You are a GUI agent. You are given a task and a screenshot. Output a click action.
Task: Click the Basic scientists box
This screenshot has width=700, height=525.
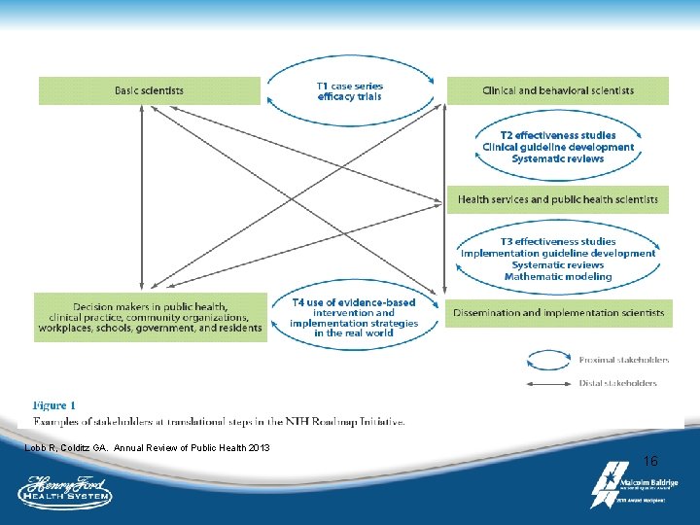click(x=149, y=90)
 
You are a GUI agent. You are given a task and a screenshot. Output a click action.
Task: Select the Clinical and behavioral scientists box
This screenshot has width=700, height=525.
click(x=558, y=90)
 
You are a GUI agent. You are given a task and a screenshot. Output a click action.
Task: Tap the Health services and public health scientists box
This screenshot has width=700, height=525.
click(x=558, y=200)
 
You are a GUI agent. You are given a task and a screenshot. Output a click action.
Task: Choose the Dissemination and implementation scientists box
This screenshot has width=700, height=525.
click(x=558, y=313)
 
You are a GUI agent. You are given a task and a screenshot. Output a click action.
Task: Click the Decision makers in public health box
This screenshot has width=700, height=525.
click(x=151, y=316)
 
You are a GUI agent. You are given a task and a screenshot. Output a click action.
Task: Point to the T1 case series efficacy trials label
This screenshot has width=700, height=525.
click(x=349, y=90)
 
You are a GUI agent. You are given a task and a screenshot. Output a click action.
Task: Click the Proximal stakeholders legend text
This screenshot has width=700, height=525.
click(x=624, y=360)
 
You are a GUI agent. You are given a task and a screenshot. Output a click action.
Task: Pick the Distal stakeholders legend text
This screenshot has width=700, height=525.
click(x=618, y=383)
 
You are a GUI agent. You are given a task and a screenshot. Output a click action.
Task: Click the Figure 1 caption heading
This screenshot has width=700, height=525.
click(x=54, y=405)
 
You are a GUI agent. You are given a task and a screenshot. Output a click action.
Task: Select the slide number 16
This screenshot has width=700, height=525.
click(x=650, y=461)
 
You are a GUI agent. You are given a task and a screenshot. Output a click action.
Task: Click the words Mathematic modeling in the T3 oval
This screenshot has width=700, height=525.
click(x=558, y=276)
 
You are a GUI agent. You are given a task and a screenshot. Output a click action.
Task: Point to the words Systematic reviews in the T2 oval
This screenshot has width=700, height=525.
click(x=558, y=158)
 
